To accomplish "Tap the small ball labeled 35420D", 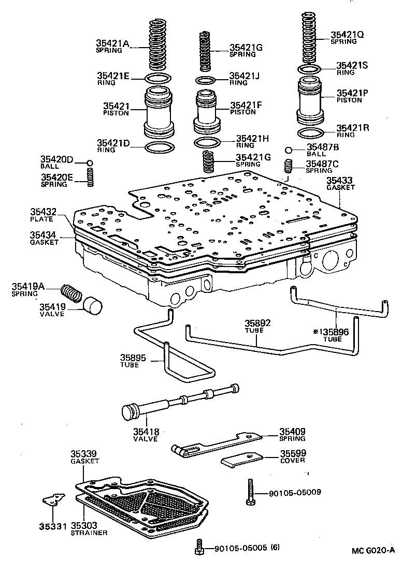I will pos(90,163).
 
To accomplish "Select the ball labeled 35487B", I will pos(289,151).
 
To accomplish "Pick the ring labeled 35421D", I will pos(159,147).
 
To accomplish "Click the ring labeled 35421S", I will pos(310,69).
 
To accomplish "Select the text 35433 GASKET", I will pos(340,183).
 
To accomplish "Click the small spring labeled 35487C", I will pos(289,167).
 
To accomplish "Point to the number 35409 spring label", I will pos(293,432).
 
